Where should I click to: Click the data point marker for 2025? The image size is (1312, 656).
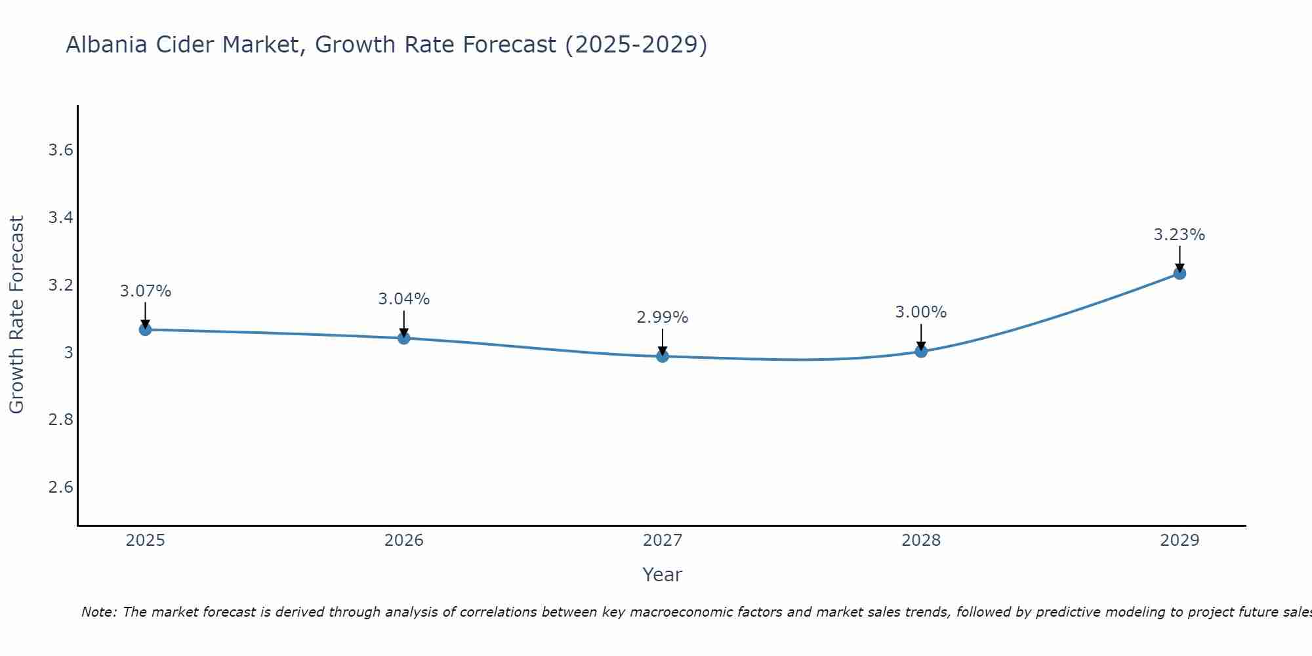coord(146,329)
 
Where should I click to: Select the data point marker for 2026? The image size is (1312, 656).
coord(404,338)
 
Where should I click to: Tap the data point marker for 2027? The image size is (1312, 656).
coord(663,356)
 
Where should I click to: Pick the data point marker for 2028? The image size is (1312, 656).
coord(921,351)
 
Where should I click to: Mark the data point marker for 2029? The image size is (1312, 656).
coord(1179,273)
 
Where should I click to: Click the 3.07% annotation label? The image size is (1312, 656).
coord(146,291)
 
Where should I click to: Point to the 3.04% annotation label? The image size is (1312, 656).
coord(404,299)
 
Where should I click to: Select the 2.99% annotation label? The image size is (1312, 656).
coord(663,318)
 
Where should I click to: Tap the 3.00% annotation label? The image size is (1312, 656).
coord(921,312)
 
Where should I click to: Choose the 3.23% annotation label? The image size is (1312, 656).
coord(1179,235)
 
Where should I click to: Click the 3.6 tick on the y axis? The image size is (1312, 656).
coord(60,150)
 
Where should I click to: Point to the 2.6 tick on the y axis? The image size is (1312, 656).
coord(60,487)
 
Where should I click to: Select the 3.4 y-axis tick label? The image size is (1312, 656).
coord(60,218)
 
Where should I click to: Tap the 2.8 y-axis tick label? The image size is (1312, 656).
coord(60,419)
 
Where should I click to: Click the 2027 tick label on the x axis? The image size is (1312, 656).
coord(663,541)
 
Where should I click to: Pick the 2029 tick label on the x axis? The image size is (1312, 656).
coord(1179,541)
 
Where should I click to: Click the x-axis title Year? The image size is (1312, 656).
coord(663,575)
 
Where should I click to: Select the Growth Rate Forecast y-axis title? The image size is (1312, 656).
coord(16,315)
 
